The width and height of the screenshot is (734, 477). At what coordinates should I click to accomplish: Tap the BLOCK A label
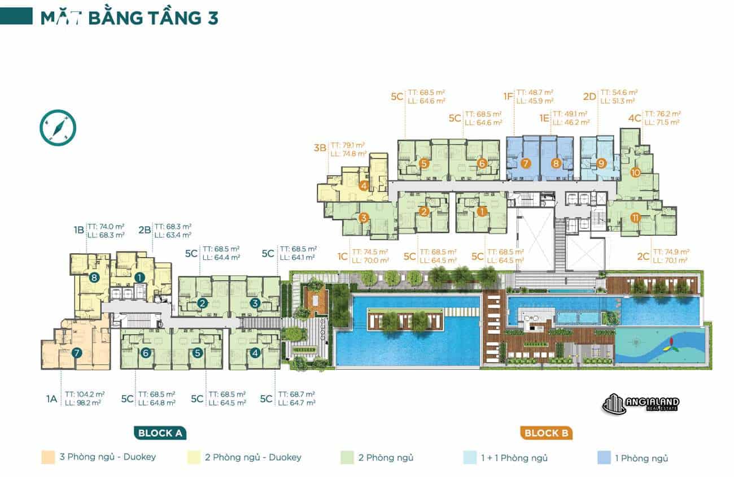161,433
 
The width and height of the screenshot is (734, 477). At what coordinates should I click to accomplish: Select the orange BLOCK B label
546,433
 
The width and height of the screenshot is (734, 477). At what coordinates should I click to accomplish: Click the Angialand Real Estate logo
641,404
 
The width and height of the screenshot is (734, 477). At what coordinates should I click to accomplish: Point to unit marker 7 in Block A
77,353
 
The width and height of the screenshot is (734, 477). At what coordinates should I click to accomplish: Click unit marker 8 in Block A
94,277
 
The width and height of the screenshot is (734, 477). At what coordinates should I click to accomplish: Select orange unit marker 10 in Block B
635,173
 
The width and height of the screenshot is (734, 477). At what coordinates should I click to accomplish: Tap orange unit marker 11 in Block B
635,218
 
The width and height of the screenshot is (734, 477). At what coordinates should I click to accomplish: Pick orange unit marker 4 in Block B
364,185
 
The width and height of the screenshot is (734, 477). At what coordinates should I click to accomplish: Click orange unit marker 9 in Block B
601,164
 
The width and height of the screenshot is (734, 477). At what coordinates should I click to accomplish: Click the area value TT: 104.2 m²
85,394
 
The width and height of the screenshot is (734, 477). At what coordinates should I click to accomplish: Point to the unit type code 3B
320,149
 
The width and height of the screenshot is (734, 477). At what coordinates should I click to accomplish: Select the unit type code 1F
508,97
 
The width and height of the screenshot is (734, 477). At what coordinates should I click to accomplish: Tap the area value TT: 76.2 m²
662,113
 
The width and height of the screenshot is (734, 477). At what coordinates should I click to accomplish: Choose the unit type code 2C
643,256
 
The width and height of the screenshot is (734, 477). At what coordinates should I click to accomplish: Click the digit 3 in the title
210,18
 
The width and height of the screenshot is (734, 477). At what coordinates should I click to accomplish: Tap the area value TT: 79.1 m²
348,144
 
